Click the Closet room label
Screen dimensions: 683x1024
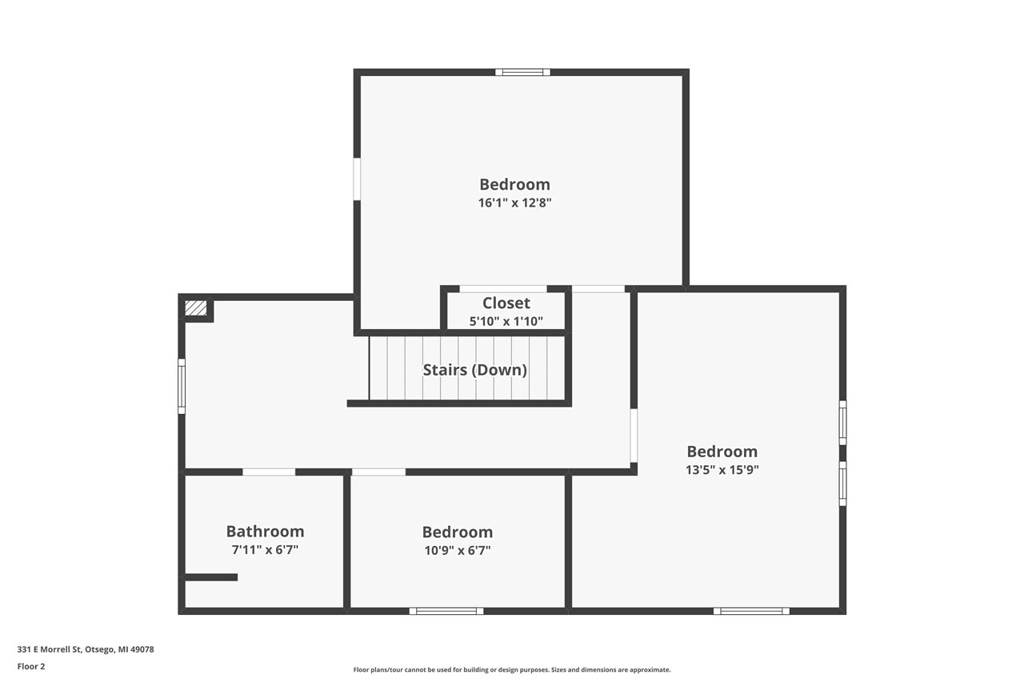pos(506,303)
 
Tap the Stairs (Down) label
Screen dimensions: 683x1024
pos(474,370)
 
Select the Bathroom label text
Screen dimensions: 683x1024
pos(265,531)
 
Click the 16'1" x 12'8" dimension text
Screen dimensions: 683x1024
pos(514,203)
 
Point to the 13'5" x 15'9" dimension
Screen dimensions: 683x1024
pos(722,470)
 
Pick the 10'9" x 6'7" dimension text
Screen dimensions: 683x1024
pos(457,551)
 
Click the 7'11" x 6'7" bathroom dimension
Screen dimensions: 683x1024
pos(265,550)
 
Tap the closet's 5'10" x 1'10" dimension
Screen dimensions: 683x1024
pos(506,322)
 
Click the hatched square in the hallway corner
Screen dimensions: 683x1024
pos(196,308)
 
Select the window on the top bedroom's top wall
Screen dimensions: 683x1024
pos(522,72)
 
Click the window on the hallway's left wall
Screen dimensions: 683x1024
pos(182,387)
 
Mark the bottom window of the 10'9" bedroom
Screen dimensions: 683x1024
pos(446,611)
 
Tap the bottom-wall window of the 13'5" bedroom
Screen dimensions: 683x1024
pos(751,611)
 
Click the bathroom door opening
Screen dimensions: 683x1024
pos(269,472)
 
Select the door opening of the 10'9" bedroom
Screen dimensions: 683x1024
pos(378,472)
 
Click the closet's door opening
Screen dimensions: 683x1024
pos(503,288)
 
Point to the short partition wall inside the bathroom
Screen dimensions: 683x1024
pos(210,577)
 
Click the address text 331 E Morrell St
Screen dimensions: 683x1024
pos(86,649)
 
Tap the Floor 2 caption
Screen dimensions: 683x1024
pos(31,666)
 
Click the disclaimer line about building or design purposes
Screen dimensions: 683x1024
pos(512,669)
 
